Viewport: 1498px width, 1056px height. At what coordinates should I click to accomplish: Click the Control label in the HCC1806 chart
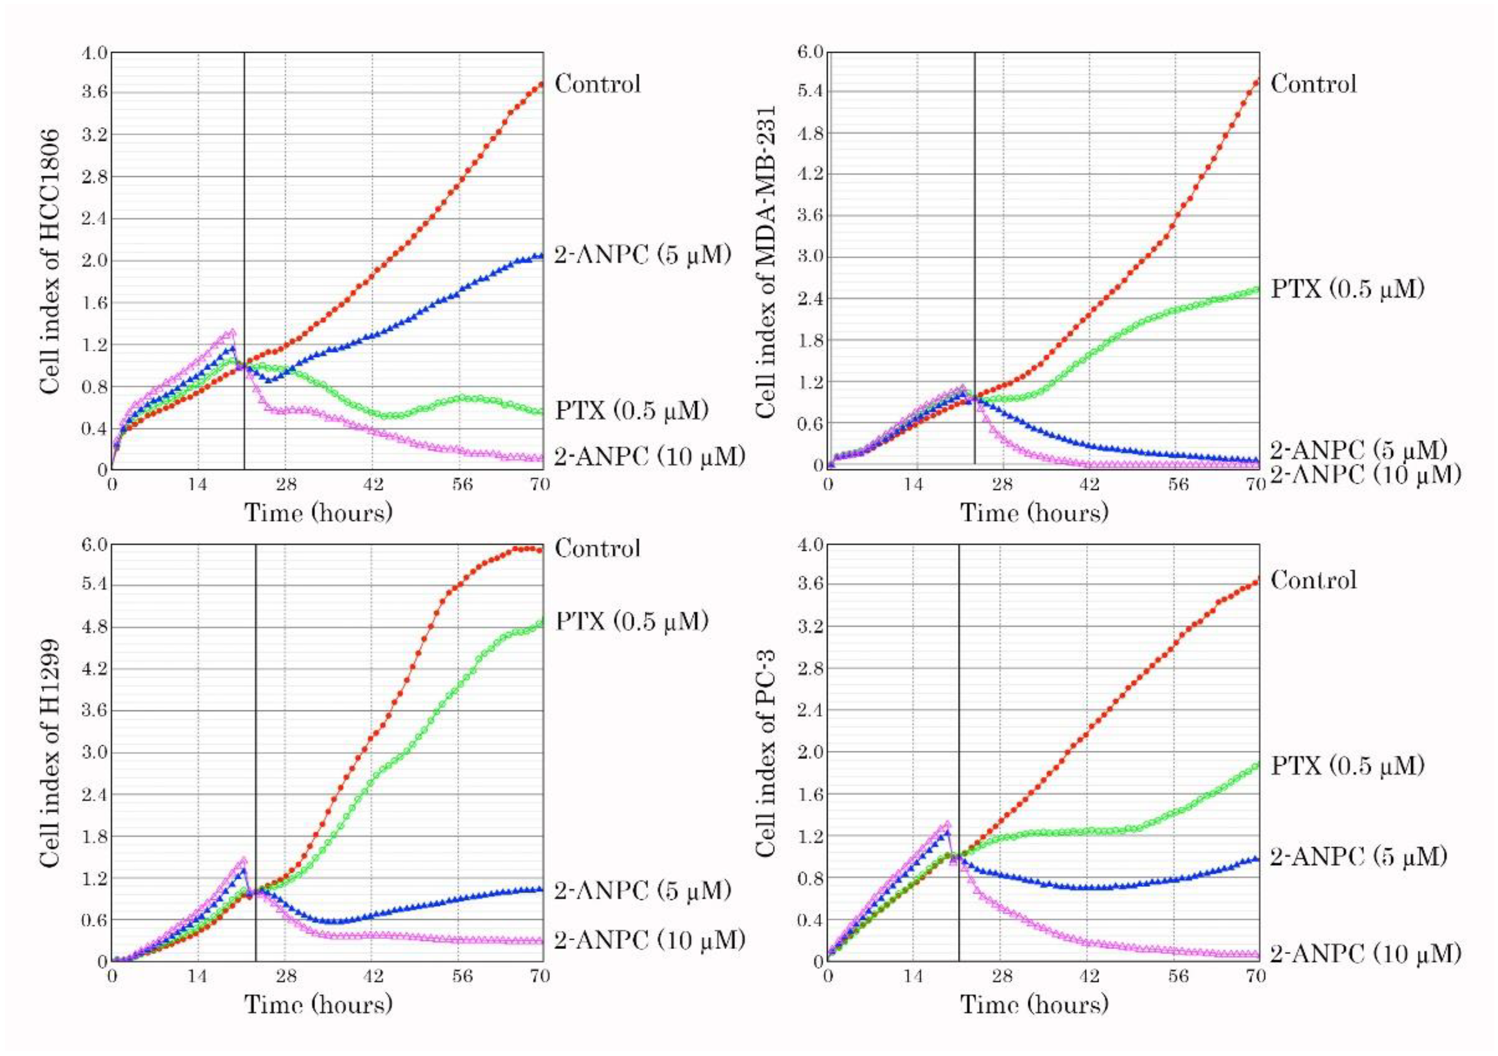coord(598,84)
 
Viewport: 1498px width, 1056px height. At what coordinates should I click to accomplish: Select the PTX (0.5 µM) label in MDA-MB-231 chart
coord(1347,288)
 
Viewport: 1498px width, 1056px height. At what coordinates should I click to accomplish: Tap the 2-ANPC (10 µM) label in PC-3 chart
coord(1365,954)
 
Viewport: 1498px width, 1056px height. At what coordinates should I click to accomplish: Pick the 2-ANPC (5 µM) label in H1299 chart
coord(642,890)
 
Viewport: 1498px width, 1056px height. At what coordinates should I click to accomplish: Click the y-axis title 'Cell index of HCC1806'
coord(51,261)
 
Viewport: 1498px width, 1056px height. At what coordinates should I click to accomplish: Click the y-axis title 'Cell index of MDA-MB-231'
coord(766,261)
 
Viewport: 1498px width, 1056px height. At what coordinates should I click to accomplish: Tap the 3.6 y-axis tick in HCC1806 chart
coord(94,93)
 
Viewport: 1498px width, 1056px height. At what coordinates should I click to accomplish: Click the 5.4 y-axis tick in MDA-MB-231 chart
coord(810,91)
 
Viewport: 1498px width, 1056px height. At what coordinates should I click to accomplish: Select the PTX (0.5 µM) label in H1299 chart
coord(632,621)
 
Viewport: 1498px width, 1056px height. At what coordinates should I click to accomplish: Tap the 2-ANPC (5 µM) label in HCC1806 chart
coord(642,255)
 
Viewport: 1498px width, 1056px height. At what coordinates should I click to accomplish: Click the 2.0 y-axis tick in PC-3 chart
coord(810,752)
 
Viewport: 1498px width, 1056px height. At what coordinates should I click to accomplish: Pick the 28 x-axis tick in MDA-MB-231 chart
coord(1002,485)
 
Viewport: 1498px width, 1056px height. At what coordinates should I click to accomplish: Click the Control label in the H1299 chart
coord(598,548)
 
